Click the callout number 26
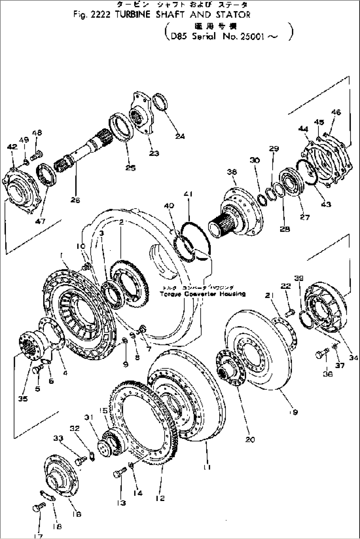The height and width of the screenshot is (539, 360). pyautogui.click(x=75, y=200)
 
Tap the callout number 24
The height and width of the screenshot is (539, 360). pyautogui.click(x=180, y=136)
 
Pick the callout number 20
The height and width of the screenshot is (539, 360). pyautogui.click(x=250, y=439)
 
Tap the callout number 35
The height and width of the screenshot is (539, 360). pyautogui.click(x=23, y=399)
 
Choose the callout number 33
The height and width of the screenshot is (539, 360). pyautogui.click(x=58, y=438)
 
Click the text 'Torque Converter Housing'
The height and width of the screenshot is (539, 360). pyautogui.click(x=202, y=293)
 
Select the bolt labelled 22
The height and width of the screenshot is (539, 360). pyautogui.click(x=290, y=311)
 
